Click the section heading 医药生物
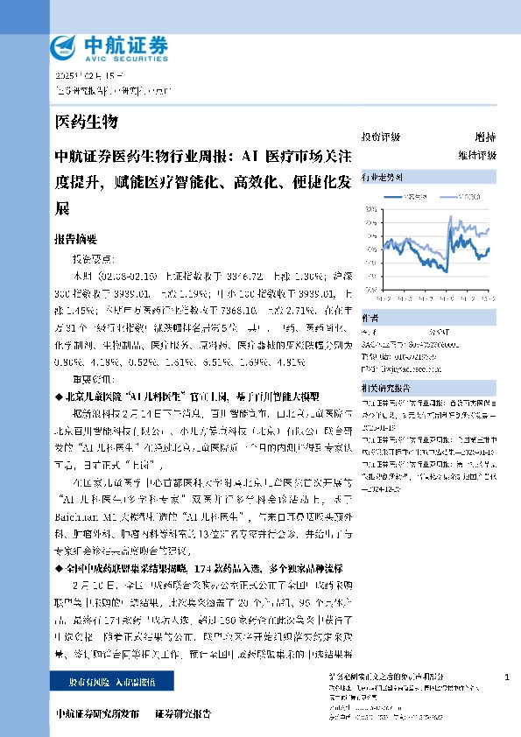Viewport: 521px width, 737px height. (x=86, y=121)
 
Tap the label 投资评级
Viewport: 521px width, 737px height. (x=380, y=137)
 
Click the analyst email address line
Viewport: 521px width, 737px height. (x=399, y=368)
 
